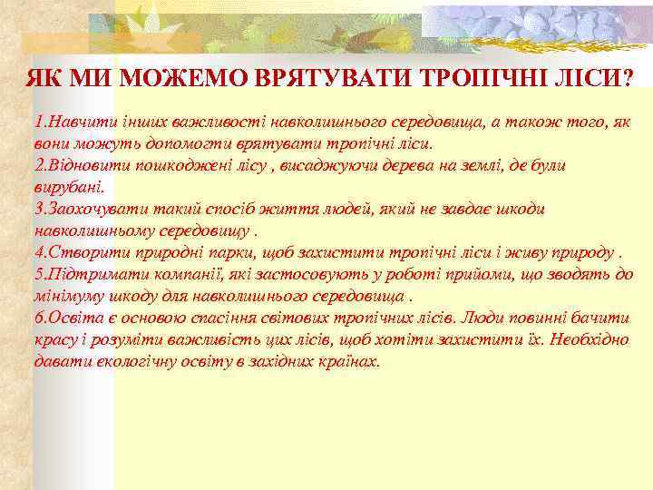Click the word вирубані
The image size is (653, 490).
pos(68,188)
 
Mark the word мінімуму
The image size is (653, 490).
pos(69,296)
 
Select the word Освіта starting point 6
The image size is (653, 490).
pos(71,318)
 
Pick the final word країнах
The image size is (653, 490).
pos(349,361)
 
